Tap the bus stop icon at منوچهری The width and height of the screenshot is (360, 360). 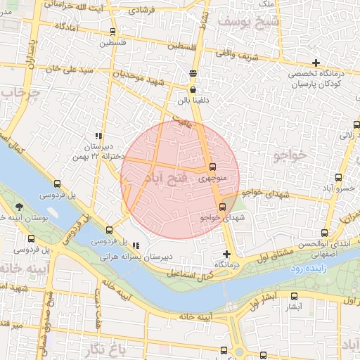pos(212,167)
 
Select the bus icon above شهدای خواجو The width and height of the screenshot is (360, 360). pos(223,207)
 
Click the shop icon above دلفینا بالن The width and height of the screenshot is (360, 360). pos(193,90)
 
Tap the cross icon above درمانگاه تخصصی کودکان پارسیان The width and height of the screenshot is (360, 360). pos(316,63)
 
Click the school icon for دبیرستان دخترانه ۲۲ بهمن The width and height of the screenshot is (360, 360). pos(98,136)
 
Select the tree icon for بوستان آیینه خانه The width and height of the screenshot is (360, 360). pos(18,207)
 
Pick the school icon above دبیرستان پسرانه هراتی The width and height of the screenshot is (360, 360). pos(136,245)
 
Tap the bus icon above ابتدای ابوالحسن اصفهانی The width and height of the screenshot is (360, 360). pos(324,233)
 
